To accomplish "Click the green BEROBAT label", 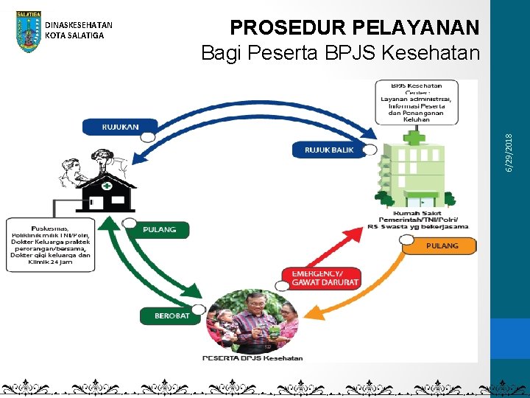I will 172,316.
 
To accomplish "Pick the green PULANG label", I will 160,229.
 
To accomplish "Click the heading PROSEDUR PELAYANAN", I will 355,28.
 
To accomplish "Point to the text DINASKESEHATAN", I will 79,26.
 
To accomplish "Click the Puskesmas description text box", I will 51,244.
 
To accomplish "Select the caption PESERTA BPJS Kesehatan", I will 252,358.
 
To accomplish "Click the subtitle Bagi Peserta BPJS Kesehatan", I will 340,53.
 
